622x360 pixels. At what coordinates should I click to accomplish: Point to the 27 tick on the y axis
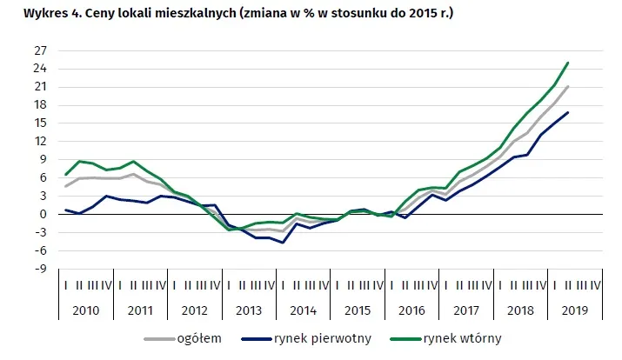(40, 50)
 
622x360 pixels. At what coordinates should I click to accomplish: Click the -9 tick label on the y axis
(40, 268)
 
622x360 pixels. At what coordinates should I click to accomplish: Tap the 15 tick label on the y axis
(40, 123)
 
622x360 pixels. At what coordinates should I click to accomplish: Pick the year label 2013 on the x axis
(249, 310)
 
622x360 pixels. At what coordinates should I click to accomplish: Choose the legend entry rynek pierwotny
(328, 338)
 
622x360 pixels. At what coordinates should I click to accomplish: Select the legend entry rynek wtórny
(463, 338)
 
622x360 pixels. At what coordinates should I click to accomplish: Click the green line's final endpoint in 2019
(568, 63)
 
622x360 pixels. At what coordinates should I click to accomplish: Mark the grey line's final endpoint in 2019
(568, 86)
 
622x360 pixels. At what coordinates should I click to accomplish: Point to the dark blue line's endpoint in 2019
(568, 112)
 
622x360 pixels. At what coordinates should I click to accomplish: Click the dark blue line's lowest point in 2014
(284, 242)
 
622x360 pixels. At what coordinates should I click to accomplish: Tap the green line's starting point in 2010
(66, 174)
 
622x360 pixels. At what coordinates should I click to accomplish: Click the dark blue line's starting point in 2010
(66, 210)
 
